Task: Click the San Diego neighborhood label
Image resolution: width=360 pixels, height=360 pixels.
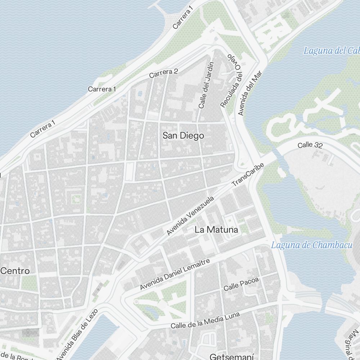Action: coord(183,136)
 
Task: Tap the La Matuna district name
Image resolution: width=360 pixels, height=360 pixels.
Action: coord(216,230)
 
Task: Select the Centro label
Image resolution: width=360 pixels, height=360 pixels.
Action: coord(15,271)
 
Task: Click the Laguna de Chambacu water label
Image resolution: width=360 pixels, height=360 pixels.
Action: coord(311,246)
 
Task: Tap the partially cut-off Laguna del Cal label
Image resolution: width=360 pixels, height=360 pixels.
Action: coord(331,50)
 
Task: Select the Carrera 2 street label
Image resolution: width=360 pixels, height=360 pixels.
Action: coord(163,73)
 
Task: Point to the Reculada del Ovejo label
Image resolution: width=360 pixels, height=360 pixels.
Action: coord(230,81)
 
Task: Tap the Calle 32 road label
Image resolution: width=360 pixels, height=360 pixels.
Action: coord(310,145)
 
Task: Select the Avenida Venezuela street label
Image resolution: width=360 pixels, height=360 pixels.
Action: coord(190,216)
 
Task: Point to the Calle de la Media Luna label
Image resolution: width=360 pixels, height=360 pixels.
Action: coord(205,320)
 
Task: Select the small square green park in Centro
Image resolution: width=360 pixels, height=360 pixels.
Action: coord(76,198)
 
